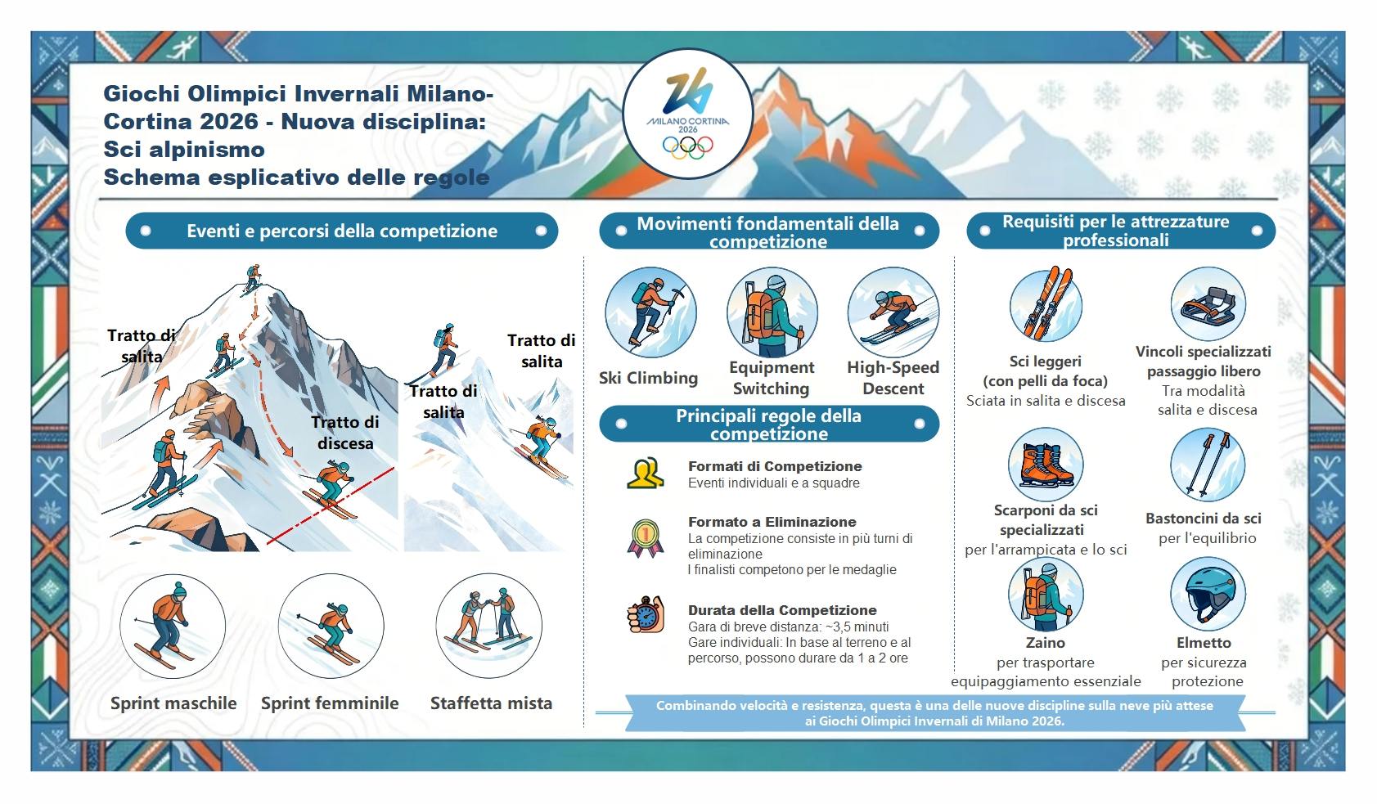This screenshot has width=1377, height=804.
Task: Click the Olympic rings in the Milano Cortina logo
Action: [687, 146]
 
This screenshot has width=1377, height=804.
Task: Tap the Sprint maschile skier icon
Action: [172, 626]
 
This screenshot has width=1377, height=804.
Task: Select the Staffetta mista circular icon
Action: [489, 626]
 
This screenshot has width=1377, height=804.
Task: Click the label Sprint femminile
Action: [330, 703]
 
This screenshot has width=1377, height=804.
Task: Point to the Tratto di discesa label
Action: [345, 433]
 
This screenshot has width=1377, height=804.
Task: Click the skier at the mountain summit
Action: [252, 277]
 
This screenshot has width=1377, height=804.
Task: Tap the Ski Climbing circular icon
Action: [650, 312]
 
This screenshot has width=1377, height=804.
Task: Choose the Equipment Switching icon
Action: [772, 312]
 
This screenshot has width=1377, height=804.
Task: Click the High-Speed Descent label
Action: [893, 378]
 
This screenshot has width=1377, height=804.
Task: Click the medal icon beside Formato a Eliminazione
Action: [645, 538]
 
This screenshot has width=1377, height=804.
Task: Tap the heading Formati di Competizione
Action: [775, 466]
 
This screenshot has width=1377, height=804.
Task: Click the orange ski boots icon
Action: [1045, 465]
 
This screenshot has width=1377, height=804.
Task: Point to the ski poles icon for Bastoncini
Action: [1207, 465]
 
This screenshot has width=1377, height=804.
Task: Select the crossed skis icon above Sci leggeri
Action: [1045, 304]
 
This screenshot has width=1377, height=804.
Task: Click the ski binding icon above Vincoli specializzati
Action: [1207, 304]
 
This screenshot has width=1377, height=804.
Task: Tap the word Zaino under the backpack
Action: [1045, 643]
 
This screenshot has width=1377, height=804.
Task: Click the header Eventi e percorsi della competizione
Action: [342, 231]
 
